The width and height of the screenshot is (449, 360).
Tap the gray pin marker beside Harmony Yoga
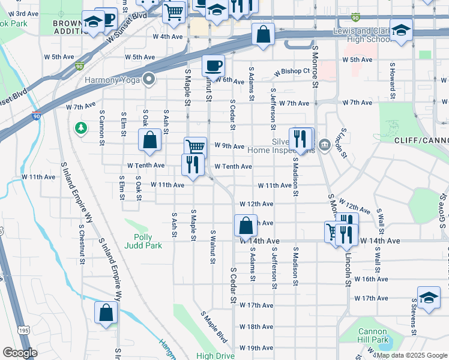tap(148, 79)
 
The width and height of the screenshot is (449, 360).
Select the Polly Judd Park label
tap(143, 241)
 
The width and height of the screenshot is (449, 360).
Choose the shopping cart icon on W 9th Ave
tap(195, 147)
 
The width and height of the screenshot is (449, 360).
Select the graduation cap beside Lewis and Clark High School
tap(400, 29)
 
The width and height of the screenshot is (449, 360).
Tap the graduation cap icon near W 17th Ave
tap(428, 298)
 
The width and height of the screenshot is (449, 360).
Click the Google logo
tap(20, 353)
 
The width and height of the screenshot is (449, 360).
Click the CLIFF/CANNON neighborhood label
tap(421, 140)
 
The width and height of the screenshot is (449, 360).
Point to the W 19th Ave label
tap(256, 348)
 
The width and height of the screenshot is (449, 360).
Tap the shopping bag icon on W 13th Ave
tap(245, 226)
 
